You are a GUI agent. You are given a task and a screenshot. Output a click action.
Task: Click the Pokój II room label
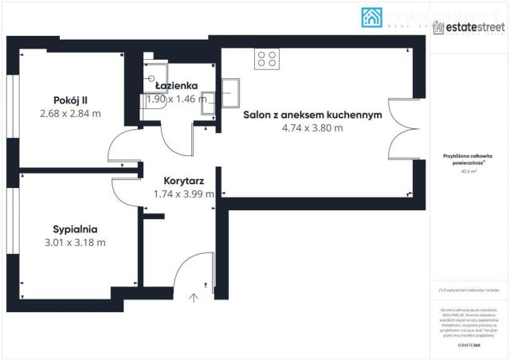[x=70, y=100]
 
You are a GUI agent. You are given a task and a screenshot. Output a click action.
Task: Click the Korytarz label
[x=184, y=181]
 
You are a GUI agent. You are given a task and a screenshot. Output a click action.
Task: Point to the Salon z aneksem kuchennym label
[x=312, y=115]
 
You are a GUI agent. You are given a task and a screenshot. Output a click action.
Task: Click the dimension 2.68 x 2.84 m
[x=70, y=113]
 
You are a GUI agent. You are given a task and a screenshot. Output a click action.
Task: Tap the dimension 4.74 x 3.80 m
[x=312, y=127]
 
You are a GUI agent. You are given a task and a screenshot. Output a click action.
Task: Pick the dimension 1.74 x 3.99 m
[x=184, y=194]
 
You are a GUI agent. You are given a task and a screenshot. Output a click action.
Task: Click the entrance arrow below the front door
[x=193, y=299]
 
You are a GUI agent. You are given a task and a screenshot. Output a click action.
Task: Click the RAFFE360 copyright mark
[x=471, y=346]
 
